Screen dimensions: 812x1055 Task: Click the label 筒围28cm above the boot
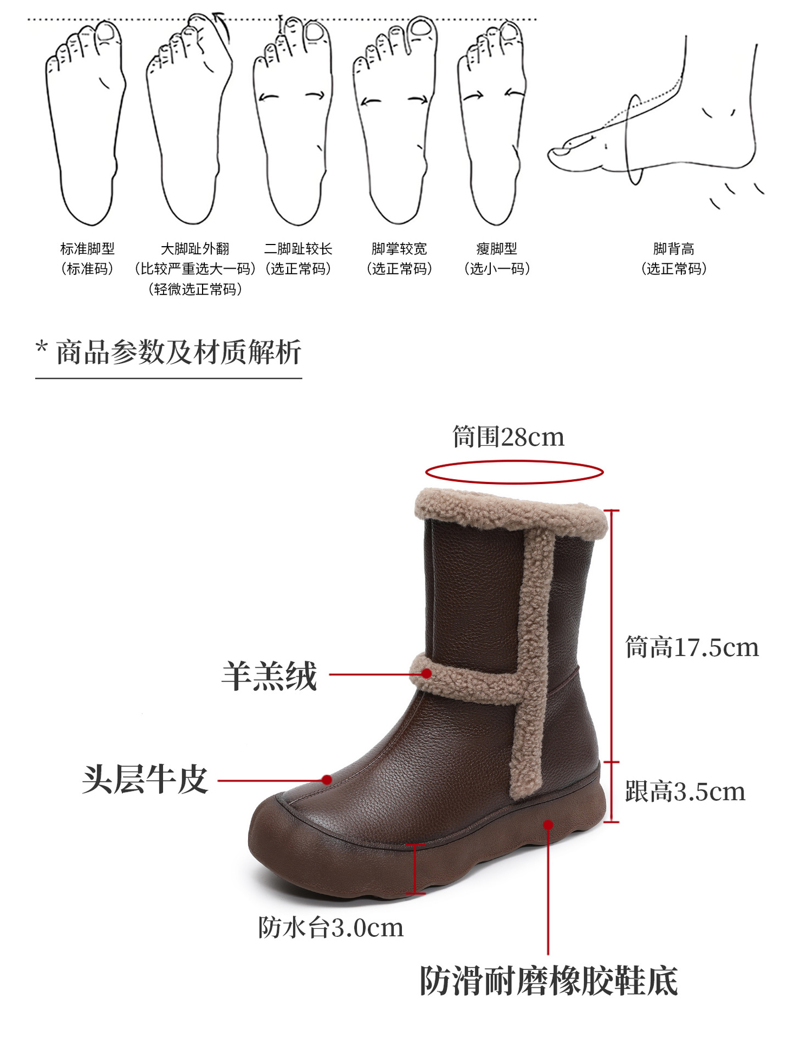coord(508,437)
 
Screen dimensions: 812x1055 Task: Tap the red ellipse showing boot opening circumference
coord(514,472)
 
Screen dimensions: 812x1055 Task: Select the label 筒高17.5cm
coord(692,647)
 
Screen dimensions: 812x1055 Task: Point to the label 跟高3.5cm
coord(685,792)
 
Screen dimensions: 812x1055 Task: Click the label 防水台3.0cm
coord(331,928)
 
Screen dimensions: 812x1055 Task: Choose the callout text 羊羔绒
coord(269,676)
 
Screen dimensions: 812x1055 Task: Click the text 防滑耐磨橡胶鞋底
coord(548,981)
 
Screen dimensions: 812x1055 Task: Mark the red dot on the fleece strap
coord(427,673)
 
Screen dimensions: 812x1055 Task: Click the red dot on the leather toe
coord(327,779)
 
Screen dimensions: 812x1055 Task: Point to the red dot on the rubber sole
coord(548,824)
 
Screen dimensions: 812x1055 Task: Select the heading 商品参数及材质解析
coord(178,352)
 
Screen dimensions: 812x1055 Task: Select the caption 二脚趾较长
coord(298,249)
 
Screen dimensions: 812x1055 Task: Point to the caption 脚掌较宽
coord(399,249)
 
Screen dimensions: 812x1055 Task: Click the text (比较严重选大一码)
coord(195,269)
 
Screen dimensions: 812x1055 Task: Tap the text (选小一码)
coord(497,269)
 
